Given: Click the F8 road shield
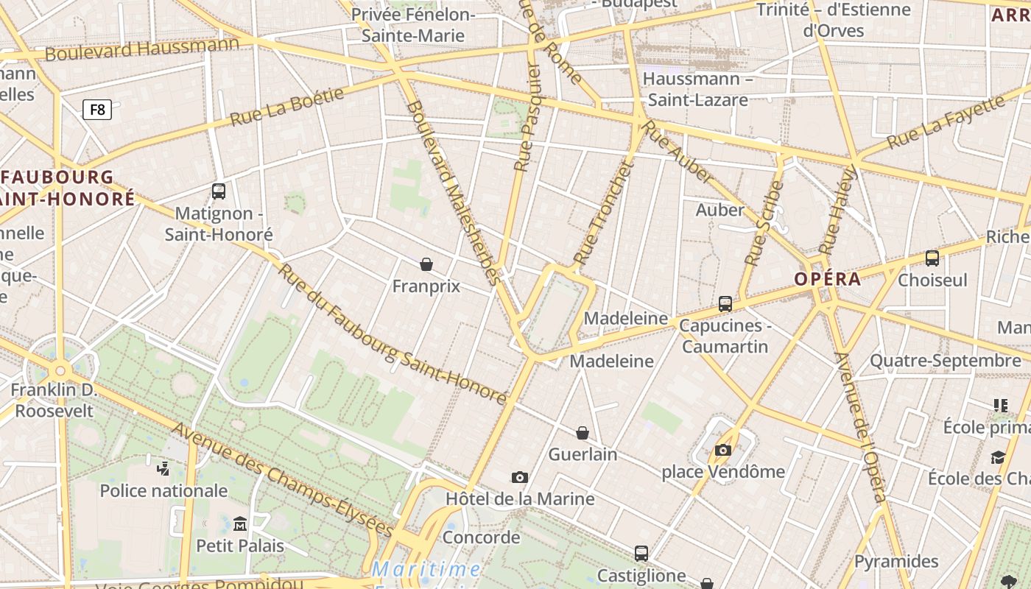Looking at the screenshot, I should [x=97, y=110].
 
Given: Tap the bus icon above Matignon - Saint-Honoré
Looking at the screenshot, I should [x=219, y=191].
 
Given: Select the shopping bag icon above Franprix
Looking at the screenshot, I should [x=426, y=264].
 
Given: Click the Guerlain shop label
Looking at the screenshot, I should [x=583, y=454].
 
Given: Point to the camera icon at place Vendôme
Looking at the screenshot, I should [x=723, y=450].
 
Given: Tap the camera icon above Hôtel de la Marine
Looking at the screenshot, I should [x=520, y=477].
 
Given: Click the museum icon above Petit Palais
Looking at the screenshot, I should [x=240, y=523].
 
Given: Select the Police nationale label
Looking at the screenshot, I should [x=163, y=490].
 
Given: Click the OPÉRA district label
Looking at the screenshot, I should [x=827, y=279].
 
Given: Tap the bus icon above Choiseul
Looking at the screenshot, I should [x=932, y=258].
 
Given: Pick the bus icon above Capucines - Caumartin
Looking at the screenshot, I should [x=725, y=303].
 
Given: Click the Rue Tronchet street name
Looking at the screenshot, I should [x=604, y=213].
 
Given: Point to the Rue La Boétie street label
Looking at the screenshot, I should [x=287, y=107].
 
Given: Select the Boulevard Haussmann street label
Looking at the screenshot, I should [x=142, y=49].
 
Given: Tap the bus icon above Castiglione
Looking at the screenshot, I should [x=641, y=553].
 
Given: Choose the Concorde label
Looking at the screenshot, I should [x=481, y=537].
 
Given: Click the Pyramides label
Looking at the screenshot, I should [x=896, y=562].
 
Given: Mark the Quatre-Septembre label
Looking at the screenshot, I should [x=945, y=361].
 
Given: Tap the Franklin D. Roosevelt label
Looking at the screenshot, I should [x=54, y=400].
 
